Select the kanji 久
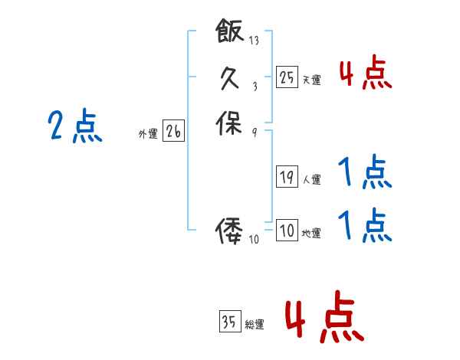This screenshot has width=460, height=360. (229, 77)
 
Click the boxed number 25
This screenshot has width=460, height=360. (287, 77)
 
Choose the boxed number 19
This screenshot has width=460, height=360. (287, 177)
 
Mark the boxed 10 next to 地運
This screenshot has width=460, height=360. (287, 231)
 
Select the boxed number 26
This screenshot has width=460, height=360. (173, 132)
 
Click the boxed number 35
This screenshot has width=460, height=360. (229, 322)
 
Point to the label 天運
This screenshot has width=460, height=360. (311, 80)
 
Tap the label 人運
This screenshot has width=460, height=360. (311, 180)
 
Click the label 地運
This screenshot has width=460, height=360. (311, 234)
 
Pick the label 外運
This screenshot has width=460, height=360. (148, 134)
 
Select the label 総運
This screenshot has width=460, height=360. (255, 325)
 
